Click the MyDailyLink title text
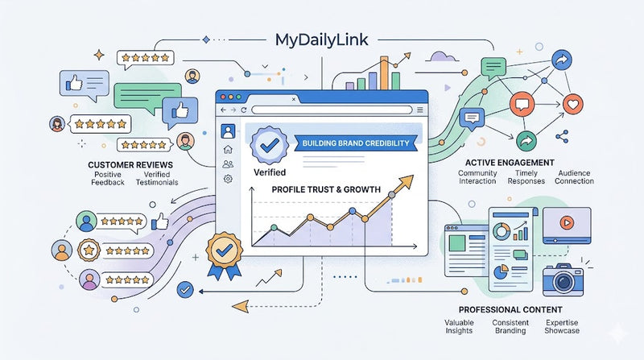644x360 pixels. [x=321, y=40]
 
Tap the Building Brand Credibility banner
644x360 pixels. [x=356, y=143]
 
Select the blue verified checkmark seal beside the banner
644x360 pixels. [x=270, y=145]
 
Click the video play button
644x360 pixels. [x=567, y=223]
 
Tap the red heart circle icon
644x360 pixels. [x=573, y=104]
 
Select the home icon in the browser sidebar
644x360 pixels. [x=228, y=150]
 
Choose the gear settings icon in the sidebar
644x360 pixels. [x=228, y=179]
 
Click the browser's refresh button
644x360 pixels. [x=244, y=110]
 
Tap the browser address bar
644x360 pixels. [x=332, y=110]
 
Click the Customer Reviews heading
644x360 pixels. [x=130, y=165]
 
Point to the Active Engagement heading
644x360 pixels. [x=510, y=163]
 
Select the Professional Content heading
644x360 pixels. [x=510, y=309]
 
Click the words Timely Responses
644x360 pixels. [x=526, y=177]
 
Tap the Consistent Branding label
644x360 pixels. [x=510, y=327]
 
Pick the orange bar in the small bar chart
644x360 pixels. [x=384, y=73]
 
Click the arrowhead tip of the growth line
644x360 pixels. [x=413, y=176]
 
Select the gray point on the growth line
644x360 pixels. [x=392, y=195]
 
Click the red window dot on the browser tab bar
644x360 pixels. [x=224, y=97]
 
